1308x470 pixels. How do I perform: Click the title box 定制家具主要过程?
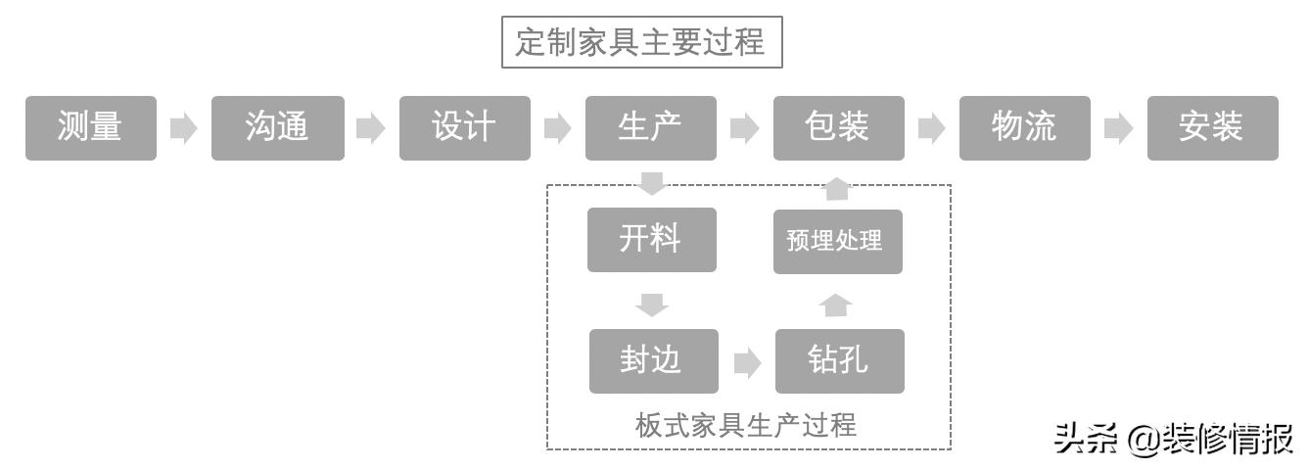(641, 43)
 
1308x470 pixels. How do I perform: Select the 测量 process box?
(90, 127)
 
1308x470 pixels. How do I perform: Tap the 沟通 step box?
(278, 127)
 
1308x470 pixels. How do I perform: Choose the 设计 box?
(464, 127)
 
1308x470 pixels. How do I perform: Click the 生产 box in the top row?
(651, 127)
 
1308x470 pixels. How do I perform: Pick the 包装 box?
(838, 127)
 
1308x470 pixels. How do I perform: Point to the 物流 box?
(1024, 127)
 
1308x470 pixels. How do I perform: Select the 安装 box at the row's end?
(1212, 127)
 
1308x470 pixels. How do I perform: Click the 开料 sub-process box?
(651, 240)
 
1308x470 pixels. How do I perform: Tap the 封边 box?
(653, 361)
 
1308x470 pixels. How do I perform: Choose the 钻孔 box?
(839, 361)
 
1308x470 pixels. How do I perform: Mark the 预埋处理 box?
(837, 241)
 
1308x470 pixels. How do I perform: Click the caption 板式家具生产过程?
(746, 426)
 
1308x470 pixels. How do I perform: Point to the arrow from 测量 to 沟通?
(183, 128)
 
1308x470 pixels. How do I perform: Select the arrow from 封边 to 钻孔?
(746, 363)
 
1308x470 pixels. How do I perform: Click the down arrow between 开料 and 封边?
(651, 304)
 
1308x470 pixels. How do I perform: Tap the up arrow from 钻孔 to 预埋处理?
(835, 305)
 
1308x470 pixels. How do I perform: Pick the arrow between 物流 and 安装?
(1118, 128)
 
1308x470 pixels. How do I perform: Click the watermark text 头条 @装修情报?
(1173, 440)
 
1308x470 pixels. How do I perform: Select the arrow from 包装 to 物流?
(931, 128)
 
